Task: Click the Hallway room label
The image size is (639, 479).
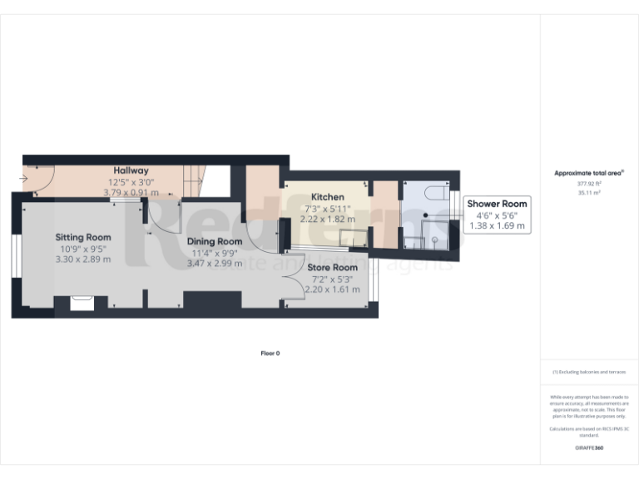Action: pyautogui.click(x=131, y=170)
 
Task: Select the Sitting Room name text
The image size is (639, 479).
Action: pyautogui.click(x=83, y=237)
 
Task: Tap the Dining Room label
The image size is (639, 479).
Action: pyautogui.click(x=214, y=241)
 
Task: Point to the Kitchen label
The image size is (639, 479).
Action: pyautogui.click(x=327, y=197)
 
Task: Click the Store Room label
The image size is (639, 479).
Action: pyautogui.click(x=332, y=268)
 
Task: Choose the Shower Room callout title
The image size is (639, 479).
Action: pyautogui.click(x=497, y=204)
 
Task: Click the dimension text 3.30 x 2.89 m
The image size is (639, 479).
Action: pyautogui.click(x=83, y=259)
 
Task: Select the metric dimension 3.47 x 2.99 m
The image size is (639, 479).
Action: pyautogui.click(x=214, y=263)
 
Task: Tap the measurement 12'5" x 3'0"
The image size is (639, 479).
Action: pyautogui.click(x=131, y=181)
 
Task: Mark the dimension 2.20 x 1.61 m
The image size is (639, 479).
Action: pyautogui.click(x=332, y=289)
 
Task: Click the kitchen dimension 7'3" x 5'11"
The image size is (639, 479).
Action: pyautogui.click(x=327, y=208)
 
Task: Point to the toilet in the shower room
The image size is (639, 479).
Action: pyautogui.click(x=435, y=195)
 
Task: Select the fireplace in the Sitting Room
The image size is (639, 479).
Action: pyautogui.click(x=82, y=302)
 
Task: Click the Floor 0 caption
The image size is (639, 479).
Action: pyautogui.click(x=270, y=353)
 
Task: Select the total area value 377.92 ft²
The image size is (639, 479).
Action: pyautogui.click(x=589, y=183)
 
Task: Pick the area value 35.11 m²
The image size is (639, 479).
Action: pyautogui.click(x=589, y=192)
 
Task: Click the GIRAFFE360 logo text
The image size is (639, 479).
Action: pyautogui.click(x=589, y=448)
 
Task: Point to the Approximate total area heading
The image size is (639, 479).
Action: pyautogui.click(x=589, y=173)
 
